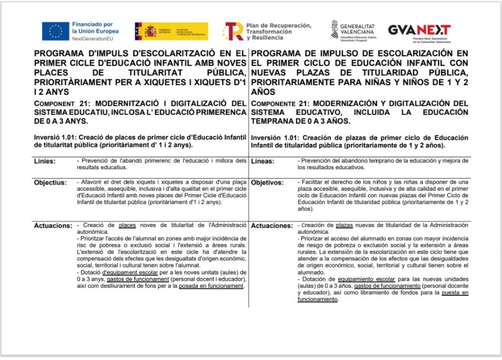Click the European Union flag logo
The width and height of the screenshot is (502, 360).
(55, 31)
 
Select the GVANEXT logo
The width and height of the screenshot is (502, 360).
(419, 30)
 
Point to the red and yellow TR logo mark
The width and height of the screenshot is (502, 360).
(233, 31)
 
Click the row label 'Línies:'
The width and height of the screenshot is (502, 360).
(45, 161)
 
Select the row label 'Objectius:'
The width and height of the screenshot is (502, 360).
(50, 182)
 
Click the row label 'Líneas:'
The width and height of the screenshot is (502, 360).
(262, 161)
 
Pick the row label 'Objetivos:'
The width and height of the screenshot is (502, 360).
(267, 182)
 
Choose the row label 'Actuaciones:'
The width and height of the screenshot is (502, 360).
(272, 226)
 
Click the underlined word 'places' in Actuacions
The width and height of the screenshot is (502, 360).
(127, 225)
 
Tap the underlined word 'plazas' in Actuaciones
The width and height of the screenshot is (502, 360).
(346, 225)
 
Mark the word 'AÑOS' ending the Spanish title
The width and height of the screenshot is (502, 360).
(263, 92)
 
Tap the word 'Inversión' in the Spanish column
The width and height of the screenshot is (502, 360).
(268, 137)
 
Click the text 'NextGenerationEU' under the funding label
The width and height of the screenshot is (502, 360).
(92, 38)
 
